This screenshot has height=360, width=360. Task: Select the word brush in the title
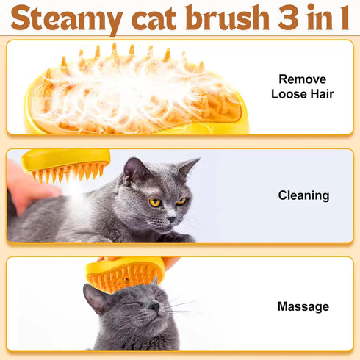(218, 17)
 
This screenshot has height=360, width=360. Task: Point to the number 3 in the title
(281, 17)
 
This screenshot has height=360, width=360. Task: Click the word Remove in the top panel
(303, 79)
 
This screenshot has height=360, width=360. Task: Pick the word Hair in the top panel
(320, 94)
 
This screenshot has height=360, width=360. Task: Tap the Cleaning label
(303, 195)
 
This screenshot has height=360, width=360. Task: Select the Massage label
(303, 306)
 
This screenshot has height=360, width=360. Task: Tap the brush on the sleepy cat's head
(125, 274)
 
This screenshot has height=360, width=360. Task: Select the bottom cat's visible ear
(93, 297)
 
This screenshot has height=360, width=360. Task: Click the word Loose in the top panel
(288, 94)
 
